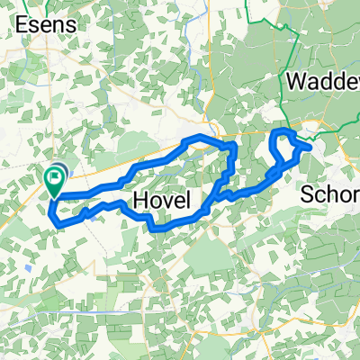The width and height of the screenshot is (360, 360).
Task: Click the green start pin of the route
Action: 53,180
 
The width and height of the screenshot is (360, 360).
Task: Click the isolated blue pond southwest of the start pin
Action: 31,267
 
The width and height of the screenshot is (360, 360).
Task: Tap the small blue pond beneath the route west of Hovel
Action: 87,216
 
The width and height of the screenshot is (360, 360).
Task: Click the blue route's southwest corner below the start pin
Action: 56,217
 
